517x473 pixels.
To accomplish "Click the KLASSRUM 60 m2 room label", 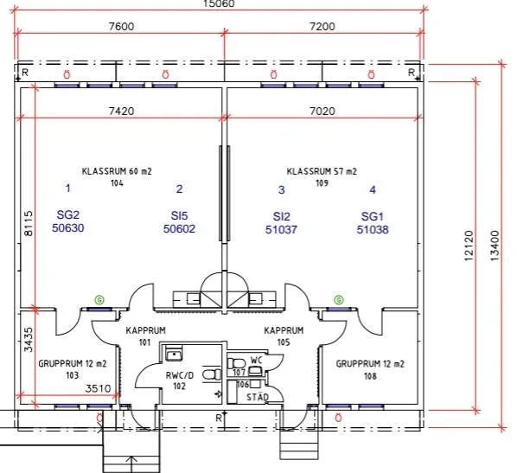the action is pos(117,176).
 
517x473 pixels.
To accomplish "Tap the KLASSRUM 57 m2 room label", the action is pos(322,176).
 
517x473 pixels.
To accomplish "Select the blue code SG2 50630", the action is pos(68,221).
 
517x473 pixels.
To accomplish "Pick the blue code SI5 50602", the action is pos(179,222).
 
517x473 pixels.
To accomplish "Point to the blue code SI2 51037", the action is pos(281,223).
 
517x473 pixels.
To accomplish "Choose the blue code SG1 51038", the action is pos(373,223).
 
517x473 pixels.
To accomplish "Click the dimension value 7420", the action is pos(122,112).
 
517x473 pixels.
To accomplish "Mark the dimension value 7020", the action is pos(322,112).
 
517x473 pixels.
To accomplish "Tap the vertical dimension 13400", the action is pos(495,246).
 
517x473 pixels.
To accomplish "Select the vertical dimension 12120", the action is pos(469,246).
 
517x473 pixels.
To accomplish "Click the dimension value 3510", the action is pos(98,388).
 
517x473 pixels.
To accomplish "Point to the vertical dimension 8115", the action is pos(29,224).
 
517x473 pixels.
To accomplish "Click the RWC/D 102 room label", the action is pos(180,380).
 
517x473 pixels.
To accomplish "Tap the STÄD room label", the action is pos(258,397).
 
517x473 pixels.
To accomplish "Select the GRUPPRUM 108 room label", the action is pos(370,370).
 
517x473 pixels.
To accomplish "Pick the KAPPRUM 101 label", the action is pos(145,336).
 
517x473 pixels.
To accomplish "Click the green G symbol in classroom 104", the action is pos(99,300).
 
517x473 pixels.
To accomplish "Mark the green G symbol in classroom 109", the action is pos(339,300).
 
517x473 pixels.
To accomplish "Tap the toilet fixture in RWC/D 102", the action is pos(212,374).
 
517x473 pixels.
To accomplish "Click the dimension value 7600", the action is pos(121,27).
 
